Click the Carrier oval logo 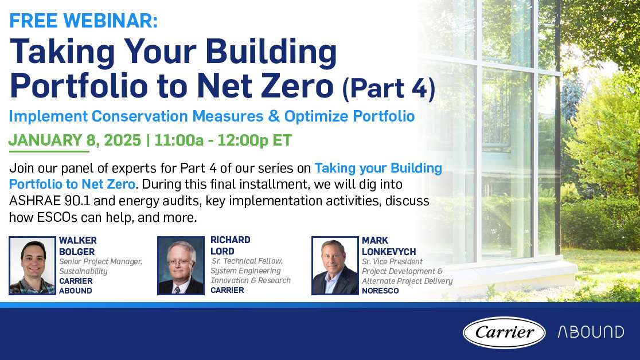coord(504,332)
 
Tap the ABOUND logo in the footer coord(591,332)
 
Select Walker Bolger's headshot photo coord(32,265)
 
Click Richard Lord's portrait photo coord(181,265)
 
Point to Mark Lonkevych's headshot coord(335,265)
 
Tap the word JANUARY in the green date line coord(45,140)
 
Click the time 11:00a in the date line coord(179,140)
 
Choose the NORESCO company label coord(380,291)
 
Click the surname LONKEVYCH coord(389,252)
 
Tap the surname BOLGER coord(77,252)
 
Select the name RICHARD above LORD coord(231,240)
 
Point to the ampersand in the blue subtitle coord(274,116)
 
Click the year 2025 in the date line coord(123,140)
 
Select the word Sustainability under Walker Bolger coord(83,271)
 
